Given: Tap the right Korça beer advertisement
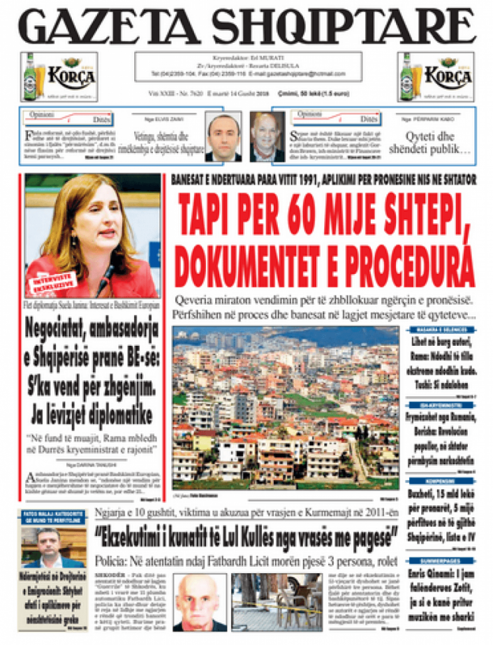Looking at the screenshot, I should point(435,77).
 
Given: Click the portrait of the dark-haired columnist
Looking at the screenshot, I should point(223,137).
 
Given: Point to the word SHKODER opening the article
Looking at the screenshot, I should point(109,575).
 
